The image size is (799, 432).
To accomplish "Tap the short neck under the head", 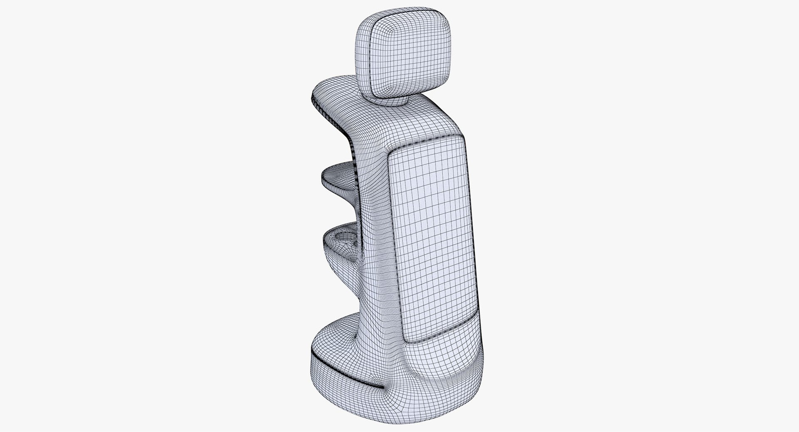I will pyautogui.click(x=389, y=100).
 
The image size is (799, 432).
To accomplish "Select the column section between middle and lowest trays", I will pyautogui.click(x=366, y=212).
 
